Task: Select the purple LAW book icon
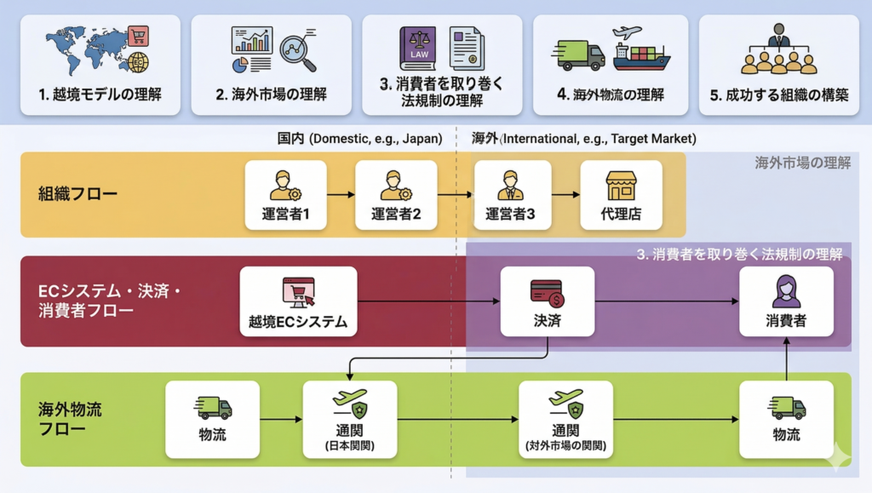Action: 417,49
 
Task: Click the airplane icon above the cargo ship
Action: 627,33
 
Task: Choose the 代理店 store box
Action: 621,195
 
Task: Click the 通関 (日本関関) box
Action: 350,419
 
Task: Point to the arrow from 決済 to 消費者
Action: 664,301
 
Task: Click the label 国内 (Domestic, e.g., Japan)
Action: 359,138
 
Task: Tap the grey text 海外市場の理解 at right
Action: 802,163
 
